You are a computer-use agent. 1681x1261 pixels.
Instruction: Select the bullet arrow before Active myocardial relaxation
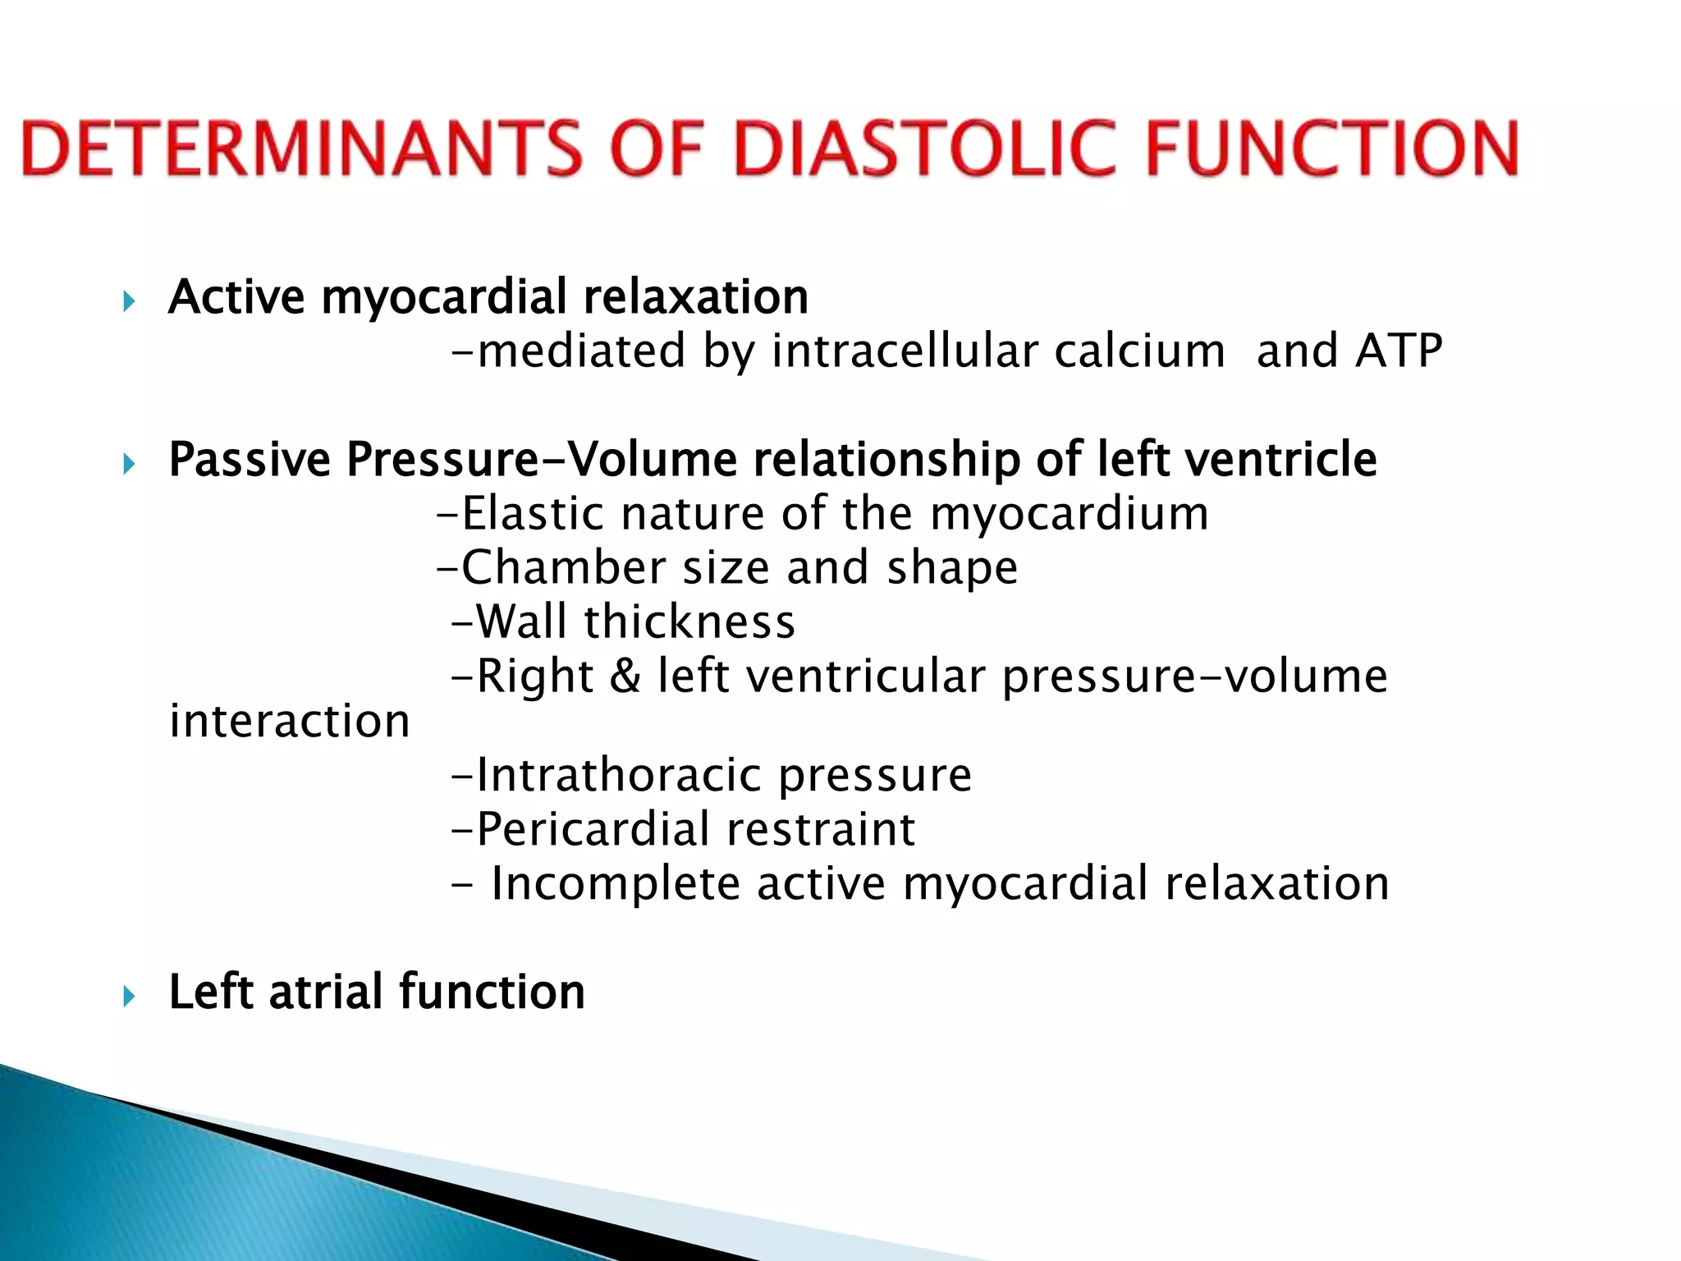point(129,301)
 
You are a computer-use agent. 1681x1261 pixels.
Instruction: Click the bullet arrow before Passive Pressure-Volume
point(129,465)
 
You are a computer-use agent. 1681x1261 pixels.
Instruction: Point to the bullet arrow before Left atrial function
point(129,997)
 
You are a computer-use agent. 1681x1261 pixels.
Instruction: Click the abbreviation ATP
point(1399,351)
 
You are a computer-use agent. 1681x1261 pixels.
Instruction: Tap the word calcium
point(1139,351)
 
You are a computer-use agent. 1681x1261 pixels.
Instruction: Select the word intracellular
point(905,351)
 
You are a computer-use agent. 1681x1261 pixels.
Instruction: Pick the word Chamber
point(564,568)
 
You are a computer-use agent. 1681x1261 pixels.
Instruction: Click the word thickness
point(689,622)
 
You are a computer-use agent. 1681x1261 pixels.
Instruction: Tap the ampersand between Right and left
point(625,677)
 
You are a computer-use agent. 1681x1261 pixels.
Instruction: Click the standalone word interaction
point(289,722)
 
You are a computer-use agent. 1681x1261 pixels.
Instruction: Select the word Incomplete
point(616,884)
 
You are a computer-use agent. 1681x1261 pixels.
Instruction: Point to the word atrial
point(325,992)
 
